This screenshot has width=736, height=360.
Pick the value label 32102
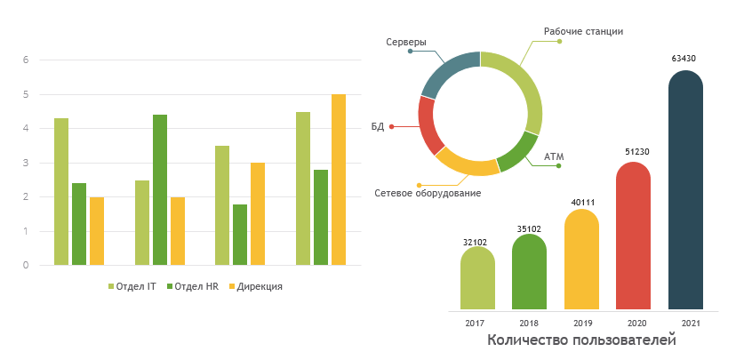(477, 240)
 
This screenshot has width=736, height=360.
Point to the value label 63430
(684, 59)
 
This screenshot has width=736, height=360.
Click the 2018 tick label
(529, 323)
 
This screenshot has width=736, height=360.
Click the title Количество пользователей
(581, 340)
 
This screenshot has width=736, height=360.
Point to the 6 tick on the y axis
(26, 60)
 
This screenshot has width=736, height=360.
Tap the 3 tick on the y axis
(26, 163)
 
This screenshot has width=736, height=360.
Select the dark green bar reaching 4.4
(160, 189)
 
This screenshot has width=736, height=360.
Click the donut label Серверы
(406, 42)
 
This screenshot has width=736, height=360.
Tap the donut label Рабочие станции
(583, 31)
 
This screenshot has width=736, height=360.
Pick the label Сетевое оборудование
(428, 193)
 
